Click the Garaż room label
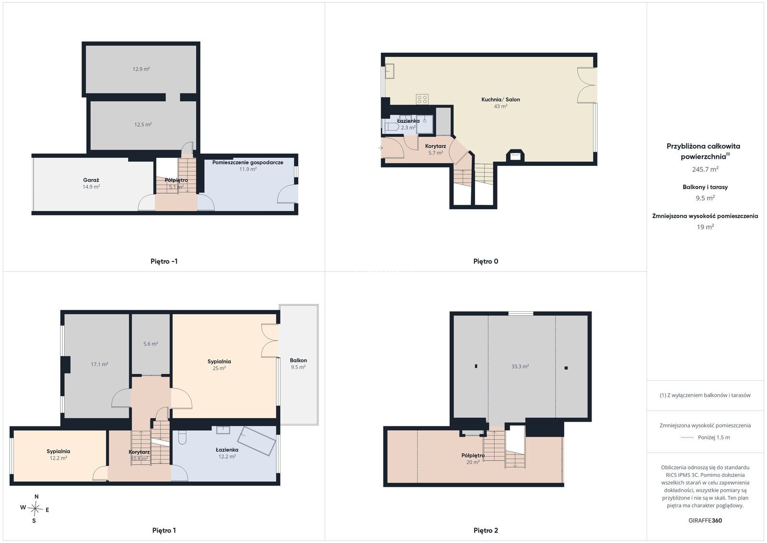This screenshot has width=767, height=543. (91, 180)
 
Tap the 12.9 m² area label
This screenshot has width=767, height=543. (141, 69)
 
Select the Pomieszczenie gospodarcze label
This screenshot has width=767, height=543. (247, 163)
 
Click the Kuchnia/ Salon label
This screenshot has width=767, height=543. (500, 99)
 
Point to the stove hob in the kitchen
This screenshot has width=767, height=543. (422, 99)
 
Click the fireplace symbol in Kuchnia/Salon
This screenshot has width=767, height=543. (515, 155)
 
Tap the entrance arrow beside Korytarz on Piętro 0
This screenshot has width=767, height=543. (381, 148)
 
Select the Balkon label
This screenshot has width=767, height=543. (298, 360)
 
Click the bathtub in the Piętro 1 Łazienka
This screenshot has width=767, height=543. (257, 441)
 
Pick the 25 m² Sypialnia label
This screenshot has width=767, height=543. (219, 361)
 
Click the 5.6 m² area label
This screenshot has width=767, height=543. (151, 343)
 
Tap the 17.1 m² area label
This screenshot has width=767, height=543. (99, 364)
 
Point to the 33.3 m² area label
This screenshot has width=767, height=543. (520, 366)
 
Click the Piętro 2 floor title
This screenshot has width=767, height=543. (486, 531)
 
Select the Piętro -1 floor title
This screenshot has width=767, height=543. (164, 261)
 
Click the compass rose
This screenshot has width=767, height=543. (35, 509)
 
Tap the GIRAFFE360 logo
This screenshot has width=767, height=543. (705, 520)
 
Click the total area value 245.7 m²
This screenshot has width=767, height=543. (705, 169)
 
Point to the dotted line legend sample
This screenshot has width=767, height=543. (687, 437)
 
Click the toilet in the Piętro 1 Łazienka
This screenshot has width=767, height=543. (183, 437)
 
